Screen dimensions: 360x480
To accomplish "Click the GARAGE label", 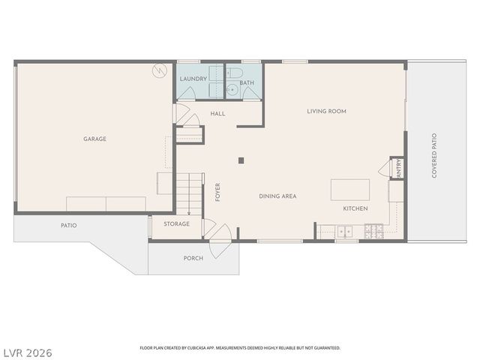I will pyautogui.click(x=94, y=139).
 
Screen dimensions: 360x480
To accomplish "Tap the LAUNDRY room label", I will pyautogui.click(x=193, y=78).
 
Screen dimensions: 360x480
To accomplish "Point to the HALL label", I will pyautogui.click(x=217, y=113).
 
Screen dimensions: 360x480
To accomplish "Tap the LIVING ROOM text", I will pyautogui.click(x=326, y=111).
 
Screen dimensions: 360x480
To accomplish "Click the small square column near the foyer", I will pyautogui.click(x=240, y=160).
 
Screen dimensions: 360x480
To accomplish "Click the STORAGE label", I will pyautogui.click(x=177, y=223).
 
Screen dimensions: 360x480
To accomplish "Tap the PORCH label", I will pyautogui.click(x=193, y=258).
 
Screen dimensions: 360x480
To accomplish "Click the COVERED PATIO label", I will pyautogui.click(x=434, y=155).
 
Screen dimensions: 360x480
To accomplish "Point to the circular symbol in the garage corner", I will pyautogui.click(x=158, y=71).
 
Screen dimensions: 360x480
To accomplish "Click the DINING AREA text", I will pyautogui.click(x=277, y=196).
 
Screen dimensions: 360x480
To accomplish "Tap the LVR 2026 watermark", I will pyautogui.click(x=27, y=351).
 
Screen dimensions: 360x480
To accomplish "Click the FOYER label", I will pyautogui.click(x=218, y=192).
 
